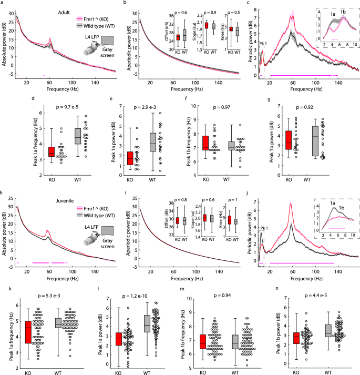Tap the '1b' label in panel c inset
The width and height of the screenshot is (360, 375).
[343, 11]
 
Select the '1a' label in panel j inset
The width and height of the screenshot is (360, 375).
[332, 201]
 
